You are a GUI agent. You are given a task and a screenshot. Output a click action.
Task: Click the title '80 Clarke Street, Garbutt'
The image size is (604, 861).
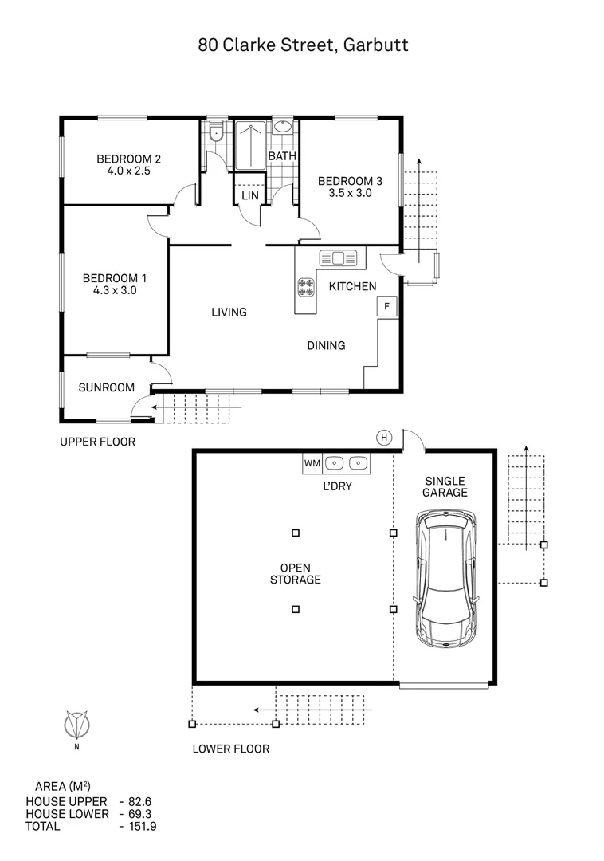(x=303, y=45)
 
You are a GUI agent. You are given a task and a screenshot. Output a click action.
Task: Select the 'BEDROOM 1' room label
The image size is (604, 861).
(x=114, y=278)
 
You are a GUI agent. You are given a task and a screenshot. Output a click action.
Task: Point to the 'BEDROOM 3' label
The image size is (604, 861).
(x=345, y=181)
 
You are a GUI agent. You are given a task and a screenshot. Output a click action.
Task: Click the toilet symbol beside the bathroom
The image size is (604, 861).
(x=214, y=132)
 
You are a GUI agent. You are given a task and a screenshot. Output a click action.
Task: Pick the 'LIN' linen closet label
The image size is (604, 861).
(x=250, y=195)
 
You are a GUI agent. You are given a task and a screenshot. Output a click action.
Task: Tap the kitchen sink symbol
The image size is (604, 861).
(x=341, y=258)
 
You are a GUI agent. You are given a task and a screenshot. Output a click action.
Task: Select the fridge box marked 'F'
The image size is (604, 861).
(x=387, y=306)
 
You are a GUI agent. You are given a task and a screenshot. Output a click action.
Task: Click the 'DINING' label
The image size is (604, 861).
(x=326, y=346)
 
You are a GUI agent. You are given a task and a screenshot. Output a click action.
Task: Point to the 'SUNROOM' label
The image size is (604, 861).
(x=106, y=388)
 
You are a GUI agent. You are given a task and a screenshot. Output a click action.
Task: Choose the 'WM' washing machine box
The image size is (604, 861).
(x=312, y=462)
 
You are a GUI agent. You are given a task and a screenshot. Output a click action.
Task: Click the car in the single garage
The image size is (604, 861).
(x=447, y=580)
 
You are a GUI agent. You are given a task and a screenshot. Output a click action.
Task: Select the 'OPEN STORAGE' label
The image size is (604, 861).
(x=295, y=573)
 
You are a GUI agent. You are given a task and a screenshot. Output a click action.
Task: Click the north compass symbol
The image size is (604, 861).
(x=76, y=725)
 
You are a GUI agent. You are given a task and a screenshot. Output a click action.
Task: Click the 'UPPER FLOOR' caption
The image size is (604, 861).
(x=98, y=442)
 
